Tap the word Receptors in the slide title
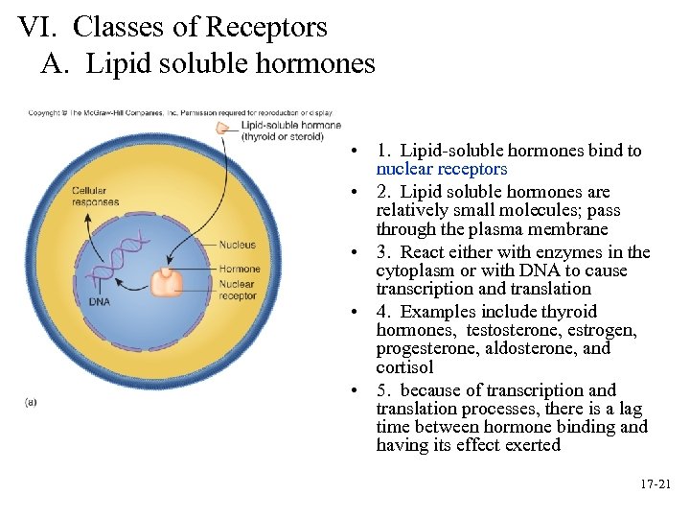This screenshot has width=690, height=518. click(267, 27)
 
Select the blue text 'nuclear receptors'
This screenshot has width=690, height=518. click(441, 169)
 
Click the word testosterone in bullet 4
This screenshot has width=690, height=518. click(508, 330)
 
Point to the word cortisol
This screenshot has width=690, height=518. click(404, 367)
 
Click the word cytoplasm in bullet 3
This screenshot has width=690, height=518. click(414, 271)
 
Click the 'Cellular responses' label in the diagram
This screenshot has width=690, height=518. click(96, 196)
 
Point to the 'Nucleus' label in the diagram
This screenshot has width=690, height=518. click(237, 245)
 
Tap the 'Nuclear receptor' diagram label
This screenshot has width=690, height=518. click(237, 290)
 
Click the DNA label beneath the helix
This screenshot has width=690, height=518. click(100, 301)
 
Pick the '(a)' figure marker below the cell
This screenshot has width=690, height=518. click(32, 403)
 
